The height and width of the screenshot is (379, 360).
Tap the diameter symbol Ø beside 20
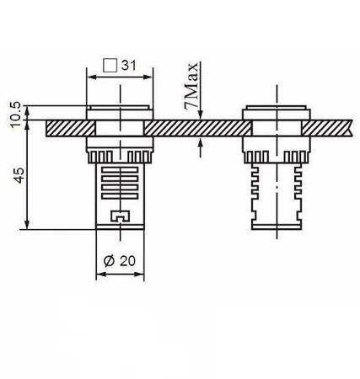[108, 262]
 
